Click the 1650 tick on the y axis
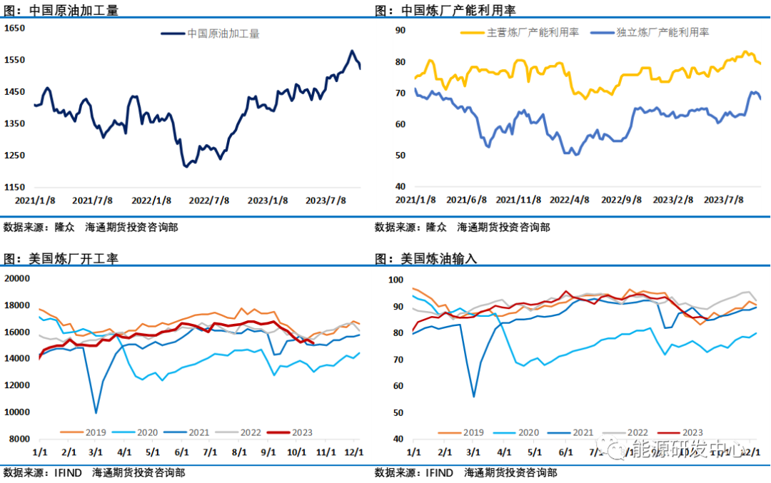click(16, 29)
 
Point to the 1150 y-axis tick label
click(16, 187)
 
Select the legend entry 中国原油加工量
click(223, 34)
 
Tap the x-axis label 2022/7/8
click(208, 200)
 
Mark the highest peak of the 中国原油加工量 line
click(351, 51)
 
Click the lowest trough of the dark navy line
click(186, 167)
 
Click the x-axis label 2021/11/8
click(518, 200)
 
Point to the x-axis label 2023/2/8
click(673, 200)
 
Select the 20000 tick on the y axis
click(17, 278)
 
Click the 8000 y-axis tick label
click(19, 439)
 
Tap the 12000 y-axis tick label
click(17, 385)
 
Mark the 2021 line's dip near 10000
click(96, 412)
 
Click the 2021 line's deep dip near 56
click(473, 396)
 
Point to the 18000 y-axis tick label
click(17, 305)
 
